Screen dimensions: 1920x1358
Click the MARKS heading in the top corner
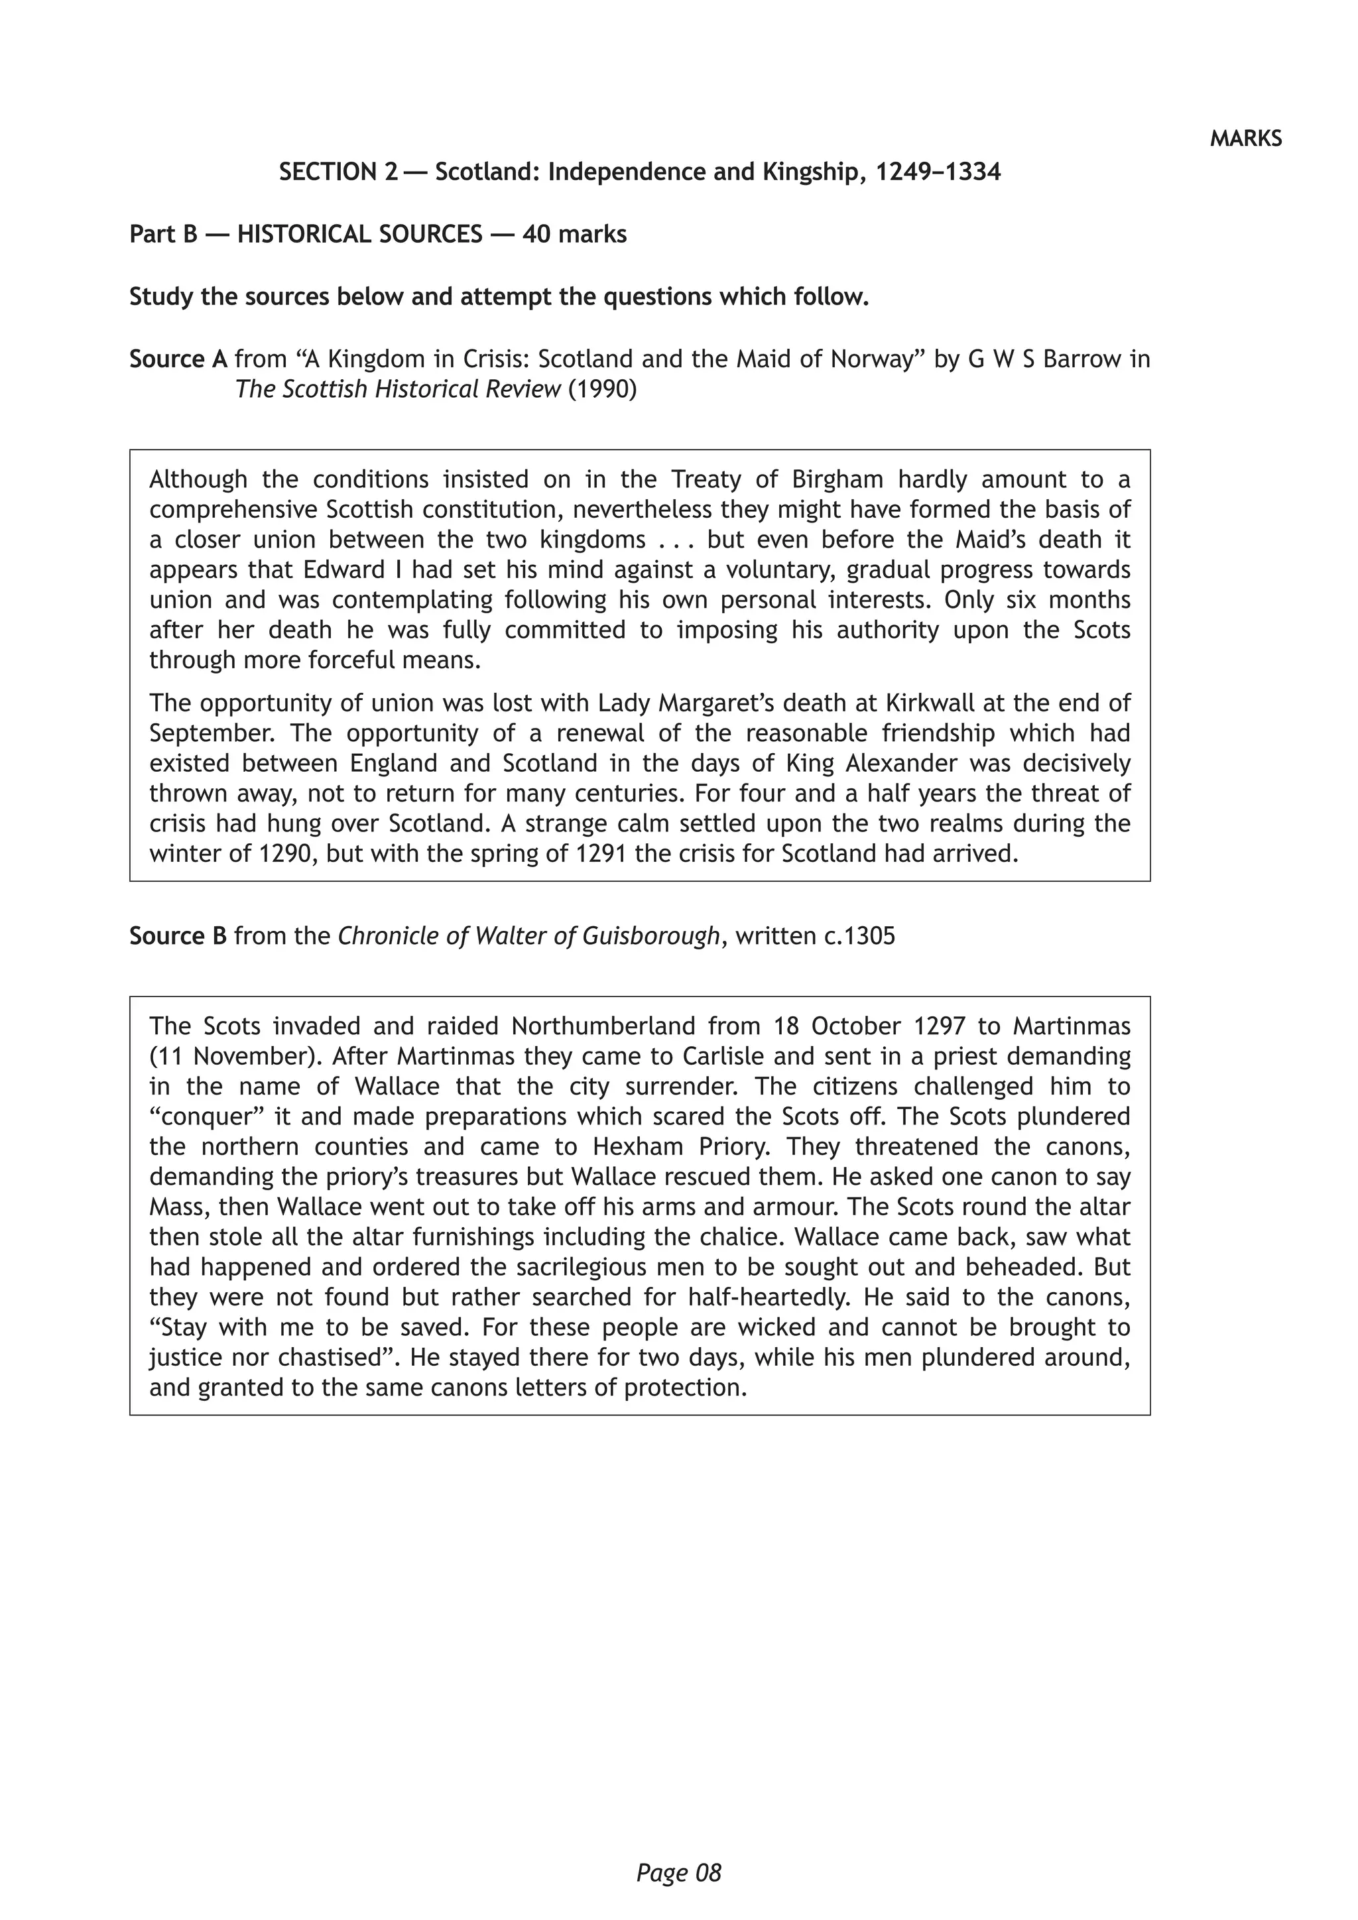pyautogui.click(x=1245, y=139)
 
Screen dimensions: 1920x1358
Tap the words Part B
pyautogui.click(x=163, y=234)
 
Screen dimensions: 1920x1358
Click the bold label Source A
pyautogui.click(x=178, y=359)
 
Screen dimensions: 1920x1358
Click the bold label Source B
pyautogui.click(x=178, y=935)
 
